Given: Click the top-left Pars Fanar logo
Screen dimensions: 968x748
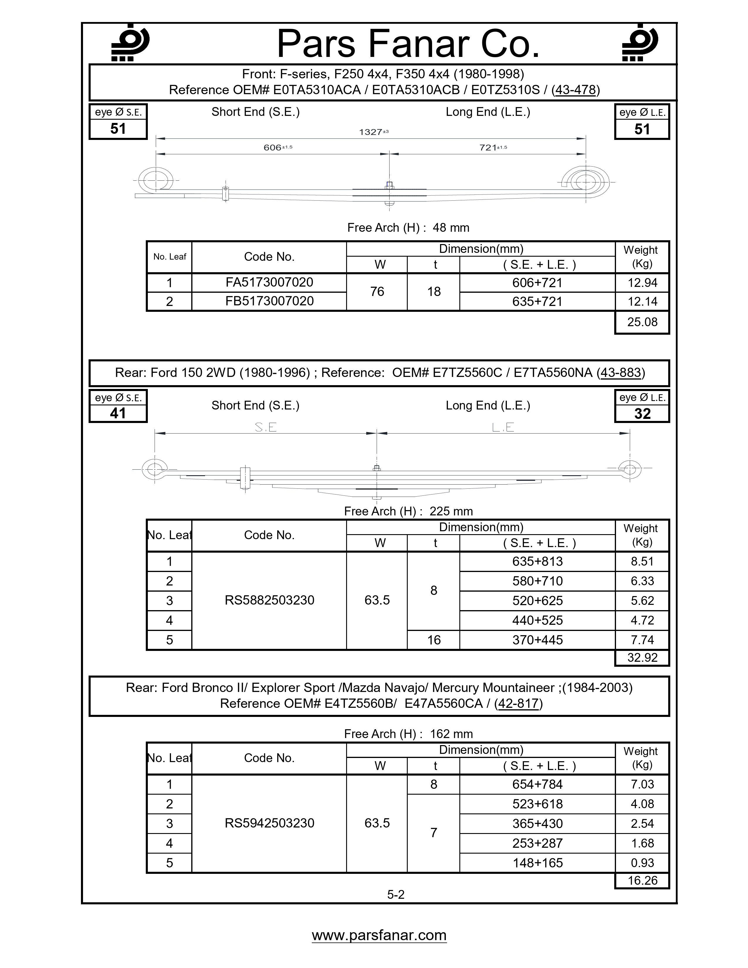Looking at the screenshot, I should [x=130, y=43].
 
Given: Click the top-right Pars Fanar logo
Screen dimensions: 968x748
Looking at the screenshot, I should [x=639, y=43].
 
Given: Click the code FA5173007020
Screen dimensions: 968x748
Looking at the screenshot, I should [x=269, y=282].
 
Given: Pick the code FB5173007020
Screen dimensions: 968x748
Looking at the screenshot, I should [x=269, y=301].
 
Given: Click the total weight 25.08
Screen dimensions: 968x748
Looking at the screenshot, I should [x=642, y=322].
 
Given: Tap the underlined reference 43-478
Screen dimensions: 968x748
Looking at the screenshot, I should [x=575, y=90].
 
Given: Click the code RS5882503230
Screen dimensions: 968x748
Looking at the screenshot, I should [x=269, y=600].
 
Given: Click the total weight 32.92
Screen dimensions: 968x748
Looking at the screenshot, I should [x=642, y=657].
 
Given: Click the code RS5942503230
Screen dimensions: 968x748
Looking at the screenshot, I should [x=269, y=823].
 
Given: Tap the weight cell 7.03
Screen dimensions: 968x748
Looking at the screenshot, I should [x=642, y=784].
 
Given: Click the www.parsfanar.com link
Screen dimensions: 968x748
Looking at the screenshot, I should [x=379, y=935].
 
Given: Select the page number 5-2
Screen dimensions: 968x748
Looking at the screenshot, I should [x=396, y=894].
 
